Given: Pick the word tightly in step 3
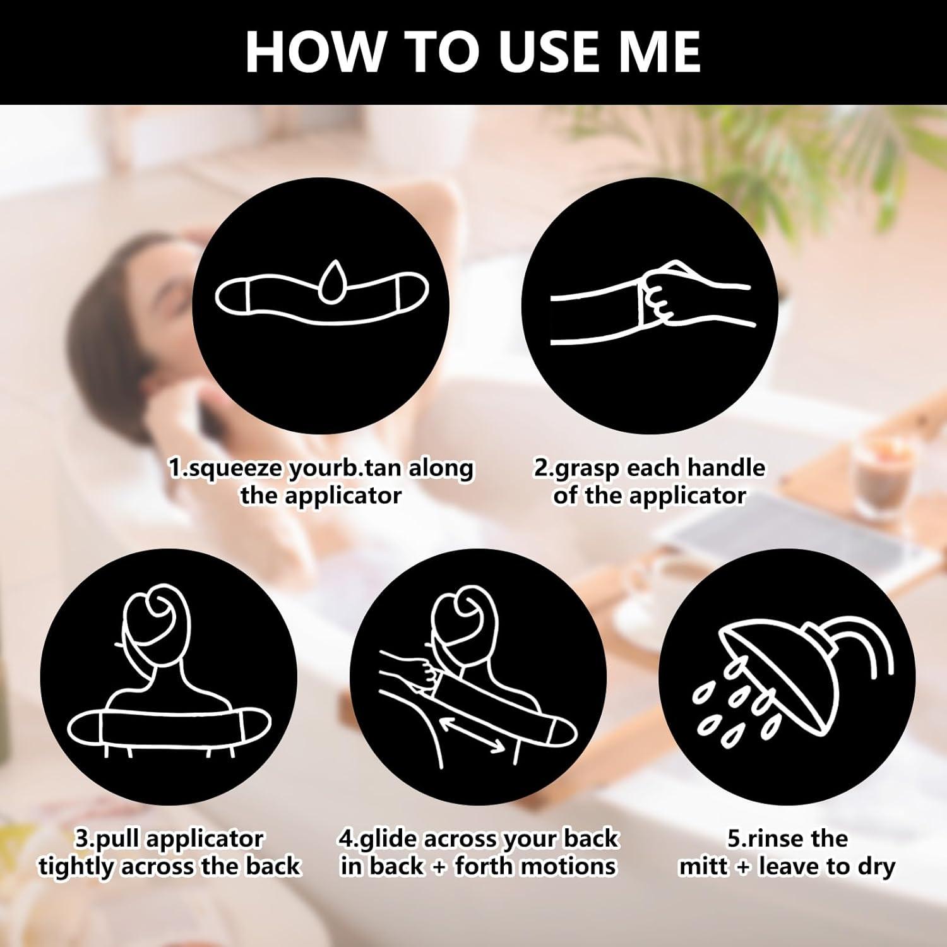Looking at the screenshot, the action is pos(76,866).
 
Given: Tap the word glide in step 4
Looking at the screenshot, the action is pos(390,840).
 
